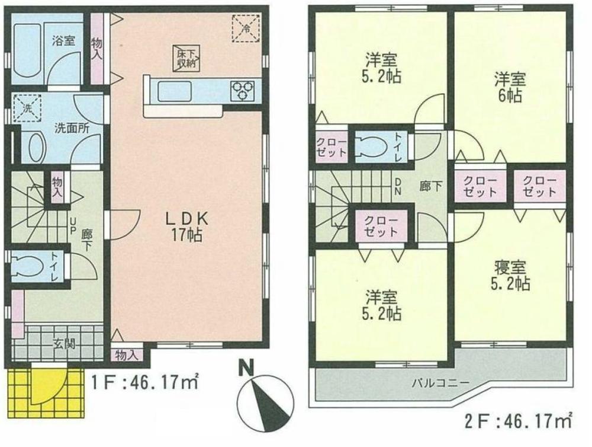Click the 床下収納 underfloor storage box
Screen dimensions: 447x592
[186, 58]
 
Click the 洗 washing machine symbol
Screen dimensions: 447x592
[26, 108]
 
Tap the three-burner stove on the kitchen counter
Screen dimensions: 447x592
[242, 91]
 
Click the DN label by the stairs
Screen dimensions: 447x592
[398, 187]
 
